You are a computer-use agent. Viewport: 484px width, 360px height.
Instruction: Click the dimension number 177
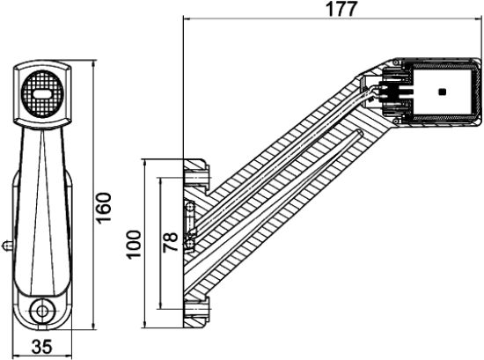(x=334, y=10)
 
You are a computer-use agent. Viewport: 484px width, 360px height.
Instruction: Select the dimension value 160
(x=104, y=208)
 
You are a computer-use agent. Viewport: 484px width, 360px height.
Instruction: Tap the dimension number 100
(x=134, y=242)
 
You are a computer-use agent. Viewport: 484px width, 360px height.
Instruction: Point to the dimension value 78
(x=171, y=238)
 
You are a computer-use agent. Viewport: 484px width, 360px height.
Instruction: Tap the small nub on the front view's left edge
(x=6, y=243)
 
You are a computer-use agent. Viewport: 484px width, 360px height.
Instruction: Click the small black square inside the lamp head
(x=442, y=92)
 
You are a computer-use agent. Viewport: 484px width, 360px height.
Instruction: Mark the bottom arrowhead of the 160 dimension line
(x=93, y=327)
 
